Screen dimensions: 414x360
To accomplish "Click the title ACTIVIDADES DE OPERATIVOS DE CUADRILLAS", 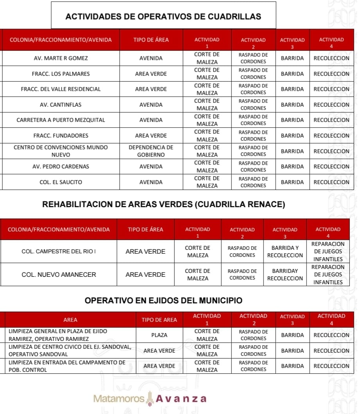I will click(x=163, y=16).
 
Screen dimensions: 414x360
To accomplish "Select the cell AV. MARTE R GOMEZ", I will click(x=61, y=58).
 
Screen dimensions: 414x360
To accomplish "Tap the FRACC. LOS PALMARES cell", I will click(x=61, y=73).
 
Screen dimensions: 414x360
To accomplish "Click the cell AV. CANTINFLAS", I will click(x=61, y=105).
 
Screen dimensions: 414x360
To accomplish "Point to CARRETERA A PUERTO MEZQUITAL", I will click(x=61, y=120).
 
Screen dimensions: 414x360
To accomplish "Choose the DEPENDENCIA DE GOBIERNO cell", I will click(x=151, y=151).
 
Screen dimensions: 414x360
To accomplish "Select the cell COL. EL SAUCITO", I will click(x=61, y=182).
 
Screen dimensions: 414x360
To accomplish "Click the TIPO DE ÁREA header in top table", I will click(x=151, y=40).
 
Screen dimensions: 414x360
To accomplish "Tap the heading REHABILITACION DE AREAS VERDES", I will click(x=163, y=204).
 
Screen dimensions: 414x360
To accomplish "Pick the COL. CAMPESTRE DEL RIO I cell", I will click(x=59, y=251).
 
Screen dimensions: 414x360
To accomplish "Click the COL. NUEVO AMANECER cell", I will click(x=59, y=274).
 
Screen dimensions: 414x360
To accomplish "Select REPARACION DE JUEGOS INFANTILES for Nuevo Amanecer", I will click(x=328, y=274).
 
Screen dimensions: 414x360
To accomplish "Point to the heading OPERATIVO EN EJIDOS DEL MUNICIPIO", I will click(x=163, y=301).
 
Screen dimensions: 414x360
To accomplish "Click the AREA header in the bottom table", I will click(x=70, y=320).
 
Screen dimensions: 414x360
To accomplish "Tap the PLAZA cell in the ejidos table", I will click(x=159, y=335).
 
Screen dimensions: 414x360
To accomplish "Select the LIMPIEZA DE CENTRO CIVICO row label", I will click(x=70, y=350).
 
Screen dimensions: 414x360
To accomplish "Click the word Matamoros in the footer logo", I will click(x=119, y=399).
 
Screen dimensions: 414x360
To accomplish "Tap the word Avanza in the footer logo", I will click(x=181, y=399).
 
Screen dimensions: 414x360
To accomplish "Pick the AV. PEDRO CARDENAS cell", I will click(x=61, y=167).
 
